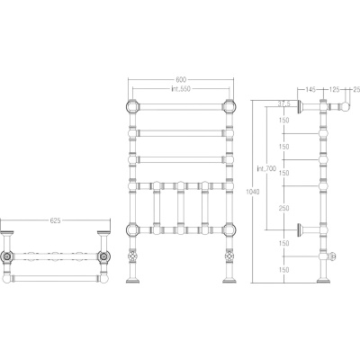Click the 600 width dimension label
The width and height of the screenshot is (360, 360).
click(181, 79)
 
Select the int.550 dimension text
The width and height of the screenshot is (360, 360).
click(181, 88)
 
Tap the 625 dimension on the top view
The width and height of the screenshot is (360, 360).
click(55, 220)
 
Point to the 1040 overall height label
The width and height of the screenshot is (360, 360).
click(252, 192)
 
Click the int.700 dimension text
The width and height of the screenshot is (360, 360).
click(266, 169)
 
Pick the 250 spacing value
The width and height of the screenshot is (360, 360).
click(283, 208)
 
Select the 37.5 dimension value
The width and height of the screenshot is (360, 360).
click(283, 103)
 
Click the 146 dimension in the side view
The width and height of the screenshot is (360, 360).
click(310, 89)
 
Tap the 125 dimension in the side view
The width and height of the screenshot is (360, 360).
click(334, 89)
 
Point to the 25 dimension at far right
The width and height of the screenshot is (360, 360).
click(356, 89)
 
